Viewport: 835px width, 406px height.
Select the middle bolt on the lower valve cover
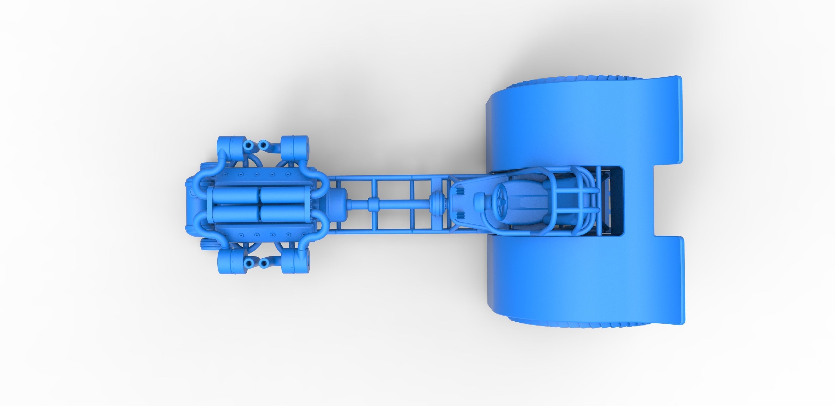(x=256, y=234)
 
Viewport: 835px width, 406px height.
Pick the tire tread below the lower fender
(x=584, y=324)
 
